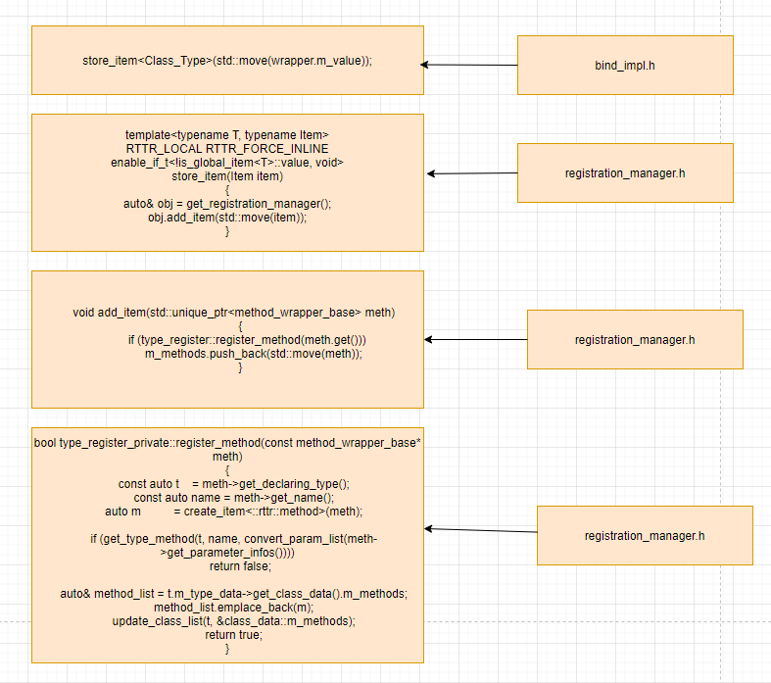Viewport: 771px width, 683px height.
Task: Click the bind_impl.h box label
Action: [x=625, y=66]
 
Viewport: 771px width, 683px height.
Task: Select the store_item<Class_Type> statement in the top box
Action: [x=227, y=61]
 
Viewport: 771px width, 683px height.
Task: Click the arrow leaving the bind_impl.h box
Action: [x=470, y=65]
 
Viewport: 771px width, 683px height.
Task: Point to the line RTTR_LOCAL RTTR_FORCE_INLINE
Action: [x=227, y=148]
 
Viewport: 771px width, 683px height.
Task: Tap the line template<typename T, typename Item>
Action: [x=227, y=134]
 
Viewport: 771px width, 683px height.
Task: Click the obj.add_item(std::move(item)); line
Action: [x=227, y=218]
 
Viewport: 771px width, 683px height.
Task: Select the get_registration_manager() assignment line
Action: [x=227, y=204]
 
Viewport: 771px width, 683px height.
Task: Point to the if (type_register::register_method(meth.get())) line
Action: [x=240, y=340]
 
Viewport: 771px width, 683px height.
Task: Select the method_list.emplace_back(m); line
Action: [x=227, y=608]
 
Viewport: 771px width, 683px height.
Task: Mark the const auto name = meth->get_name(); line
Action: [x=227, y=497]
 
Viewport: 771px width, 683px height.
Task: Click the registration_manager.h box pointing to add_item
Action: [x=635, y=340]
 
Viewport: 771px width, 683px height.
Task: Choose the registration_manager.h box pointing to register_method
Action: [x=645, y=536]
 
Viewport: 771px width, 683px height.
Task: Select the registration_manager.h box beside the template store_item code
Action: [x=625, y=173]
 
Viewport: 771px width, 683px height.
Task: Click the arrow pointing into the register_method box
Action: [x=480, y=530]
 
